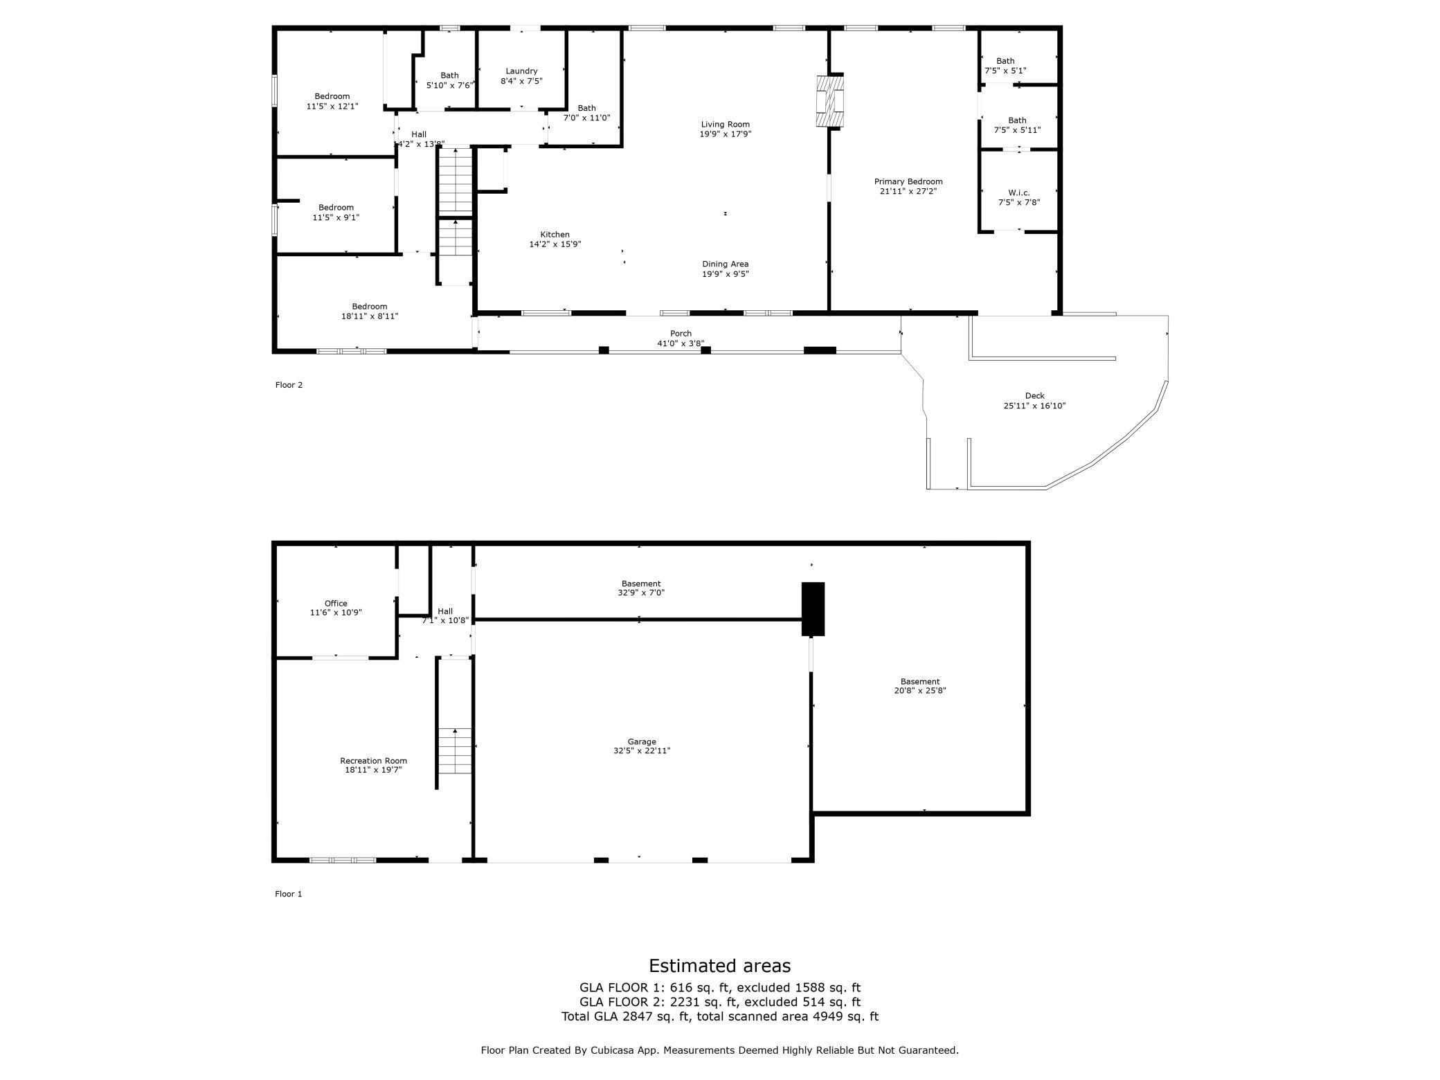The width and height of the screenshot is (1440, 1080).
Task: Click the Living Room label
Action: tap(725, 125)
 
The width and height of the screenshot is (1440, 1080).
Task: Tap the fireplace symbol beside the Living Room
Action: tap(830, 102)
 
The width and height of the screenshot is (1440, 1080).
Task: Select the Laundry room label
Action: tap(521, 71)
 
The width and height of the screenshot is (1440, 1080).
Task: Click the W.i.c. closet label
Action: tap(1018, 192)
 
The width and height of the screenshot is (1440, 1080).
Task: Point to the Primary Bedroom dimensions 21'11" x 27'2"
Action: tap(908, 192)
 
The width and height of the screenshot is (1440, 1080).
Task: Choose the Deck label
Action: tap(1034, 396)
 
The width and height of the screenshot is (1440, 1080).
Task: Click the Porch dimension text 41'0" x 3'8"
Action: tap(680, 343)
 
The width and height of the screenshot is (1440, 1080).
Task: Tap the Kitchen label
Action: tap(555, 235)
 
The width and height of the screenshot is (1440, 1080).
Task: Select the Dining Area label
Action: tap(725, 264)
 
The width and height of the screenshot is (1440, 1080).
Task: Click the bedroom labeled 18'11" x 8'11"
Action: tap(369, 307)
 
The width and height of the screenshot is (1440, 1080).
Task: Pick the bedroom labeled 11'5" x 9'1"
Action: tap(336, 208)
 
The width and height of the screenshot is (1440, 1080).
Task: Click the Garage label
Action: tap(642, 741)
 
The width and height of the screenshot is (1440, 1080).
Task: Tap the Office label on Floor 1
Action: tap(336, 604)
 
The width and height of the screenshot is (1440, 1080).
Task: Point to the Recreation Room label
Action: tap(373, 761)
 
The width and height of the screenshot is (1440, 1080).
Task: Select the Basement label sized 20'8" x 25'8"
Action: tap(919, 681)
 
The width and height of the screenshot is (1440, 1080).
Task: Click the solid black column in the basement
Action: tap(813, 609)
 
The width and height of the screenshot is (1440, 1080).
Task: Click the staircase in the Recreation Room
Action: tap(455, 751)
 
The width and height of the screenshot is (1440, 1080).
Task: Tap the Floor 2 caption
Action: tap(289, 385)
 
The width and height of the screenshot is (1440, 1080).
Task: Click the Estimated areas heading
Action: tap(719, 966)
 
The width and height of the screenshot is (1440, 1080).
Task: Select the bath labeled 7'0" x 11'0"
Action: tap(586, 108)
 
